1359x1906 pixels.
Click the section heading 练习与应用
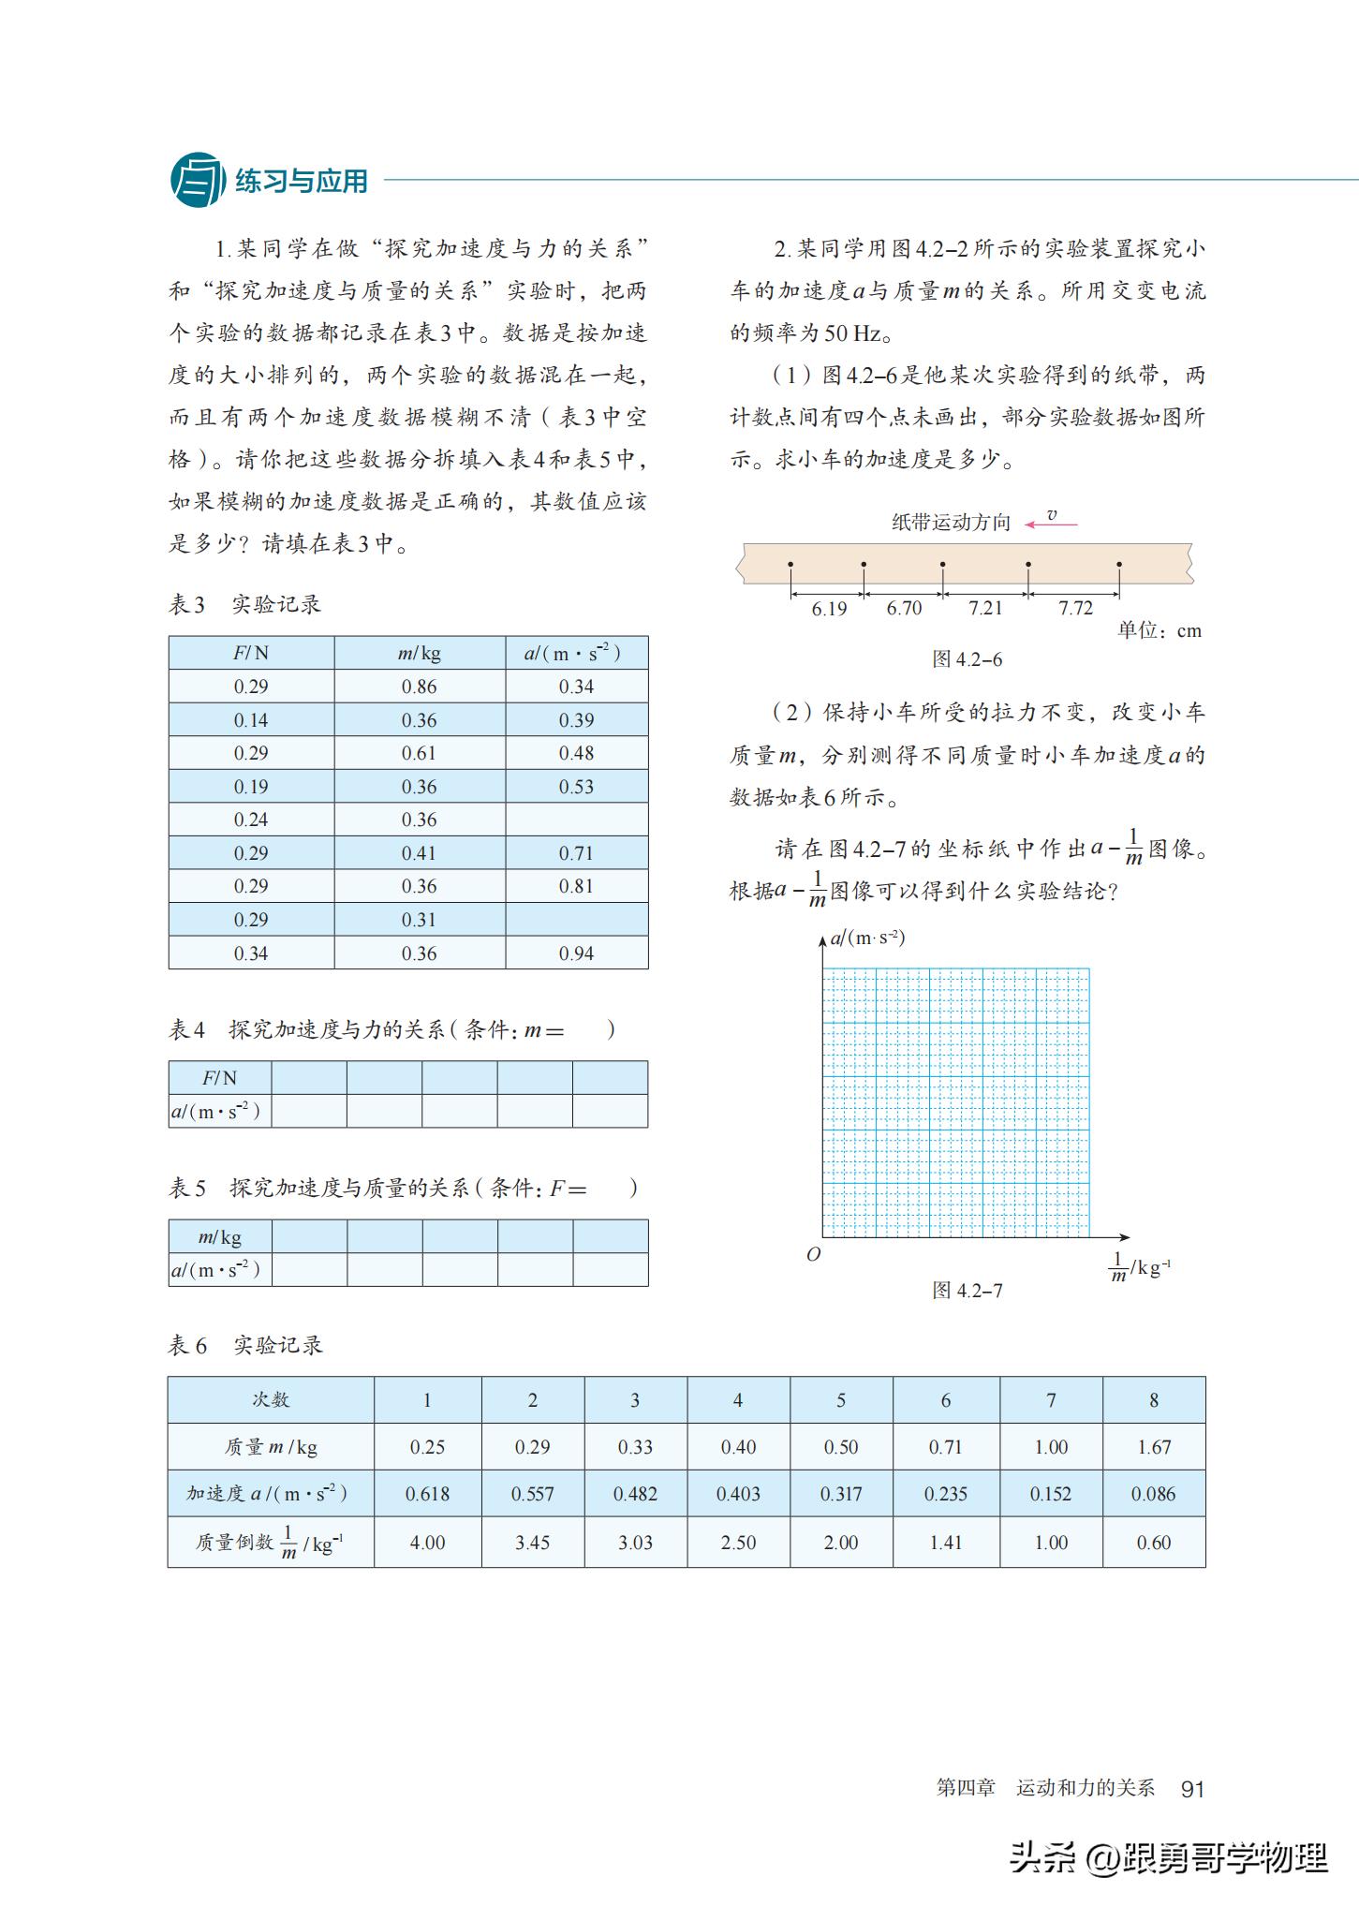[301, 181]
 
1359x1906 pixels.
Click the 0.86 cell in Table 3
[419, 687]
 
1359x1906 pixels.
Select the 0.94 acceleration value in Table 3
[576, 953]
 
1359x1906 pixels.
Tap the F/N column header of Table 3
[251, 653]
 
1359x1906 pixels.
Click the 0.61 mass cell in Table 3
[419, 753]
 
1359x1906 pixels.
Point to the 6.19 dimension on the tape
[828, 609]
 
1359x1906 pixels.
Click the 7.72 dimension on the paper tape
[1075, 609]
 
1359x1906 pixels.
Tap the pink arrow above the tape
[1051, 525]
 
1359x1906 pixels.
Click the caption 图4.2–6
[967, 659]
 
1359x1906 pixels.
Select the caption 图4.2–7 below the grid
[967, 1291]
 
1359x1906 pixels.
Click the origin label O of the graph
[813, 1254]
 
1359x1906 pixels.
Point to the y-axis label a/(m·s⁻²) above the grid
[867, 937]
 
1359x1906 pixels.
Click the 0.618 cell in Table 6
[427, 1494]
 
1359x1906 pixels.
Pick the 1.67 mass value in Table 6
[1154, 1447]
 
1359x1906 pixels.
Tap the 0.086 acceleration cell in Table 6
[1154, 1494]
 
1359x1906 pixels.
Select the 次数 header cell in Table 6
[271, 1400]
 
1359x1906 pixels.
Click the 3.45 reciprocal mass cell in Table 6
[532, 1543]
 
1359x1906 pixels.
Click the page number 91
[1192, 1789]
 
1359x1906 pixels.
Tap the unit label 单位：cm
[1159, 631]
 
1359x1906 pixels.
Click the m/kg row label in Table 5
[220, 1236]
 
